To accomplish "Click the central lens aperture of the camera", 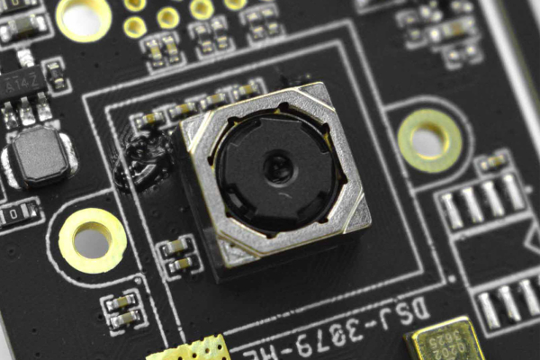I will click(x=277, y=166).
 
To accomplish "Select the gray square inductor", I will click(x=37, y=155).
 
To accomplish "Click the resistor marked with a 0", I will click(x=20, y=213).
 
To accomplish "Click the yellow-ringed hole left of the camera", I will click(x=92, y=240).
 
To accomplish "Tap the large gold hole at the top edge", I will click(x=83, y=16).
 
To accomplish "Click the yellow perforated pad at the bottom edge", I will click(x=191, y=349).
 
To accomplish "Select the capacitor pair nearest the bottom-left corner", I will click(x=122, y=311).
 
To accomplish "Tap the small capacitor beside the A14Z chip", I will click(x=56, y=76).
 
